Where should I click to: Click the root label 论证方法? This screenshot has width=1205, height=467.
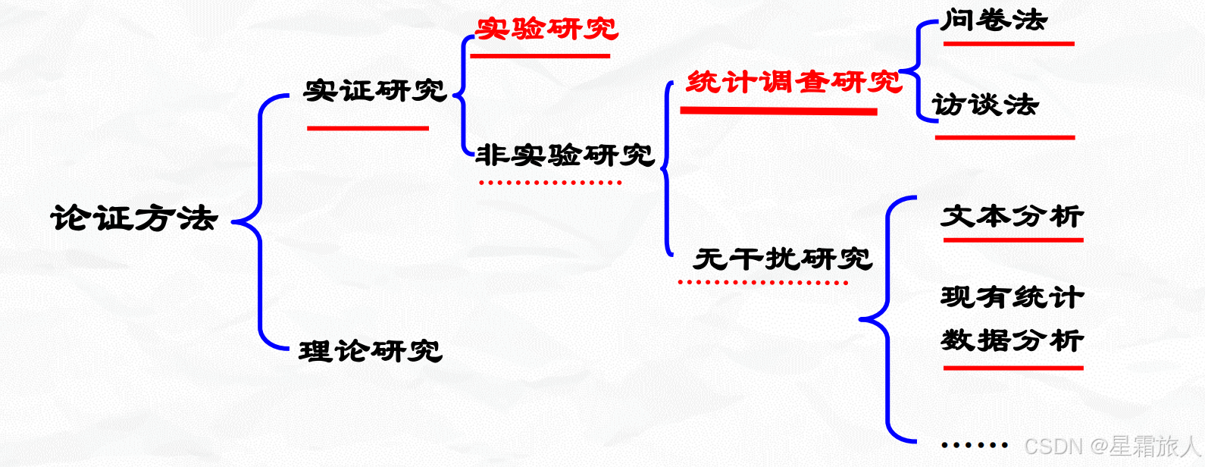tap(134, 218)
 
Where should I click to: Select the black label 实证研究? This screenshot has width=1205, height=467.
tap(374, 91)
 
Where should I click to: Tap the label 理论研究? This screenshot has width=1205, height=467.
tap(370, 351)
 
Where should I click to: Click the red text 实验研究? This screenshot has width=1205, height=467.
tap(546, 30)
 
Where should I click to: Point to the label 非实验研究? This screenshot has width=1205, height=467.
tap(565, 155)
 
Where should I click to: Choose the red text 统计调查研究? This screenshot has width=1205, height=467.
tap(793, 82)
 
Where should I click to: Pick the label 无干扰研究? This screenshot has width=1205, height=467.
tap(782, 259)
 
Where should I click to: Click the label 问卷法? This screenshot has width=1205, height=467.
tap(994, 20)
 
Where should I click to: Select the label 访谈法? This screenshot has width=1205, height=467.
tap(984, 105)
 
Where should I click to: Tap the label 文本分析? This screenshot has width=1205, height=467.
tap(1012, 217)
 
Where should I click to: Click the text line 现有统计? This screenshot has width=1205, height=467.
tap(1012, 297)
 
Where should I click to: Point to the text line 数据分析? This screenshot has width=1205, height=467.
tap(1012, 340)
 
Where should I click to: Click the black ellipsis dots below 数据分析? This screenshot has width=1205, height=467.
tap(974, 446)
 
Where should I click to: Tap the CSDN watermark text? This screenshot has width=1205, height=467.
tap(1111, 446)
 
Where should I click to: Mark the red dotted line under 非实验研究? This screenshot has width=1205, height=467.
tap(550, 183)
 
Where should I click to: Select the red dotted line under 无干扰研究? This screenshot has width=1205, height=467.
tap(762, 283)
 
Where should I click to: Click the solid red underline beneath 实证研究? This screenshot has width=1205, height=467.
tap(368, 128)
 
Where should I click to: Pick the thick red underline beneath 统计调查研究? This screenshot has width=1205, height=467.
tap(778, 111)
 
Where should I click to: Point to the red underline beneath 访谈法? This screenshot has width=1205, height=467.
tap(1004, 137)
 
